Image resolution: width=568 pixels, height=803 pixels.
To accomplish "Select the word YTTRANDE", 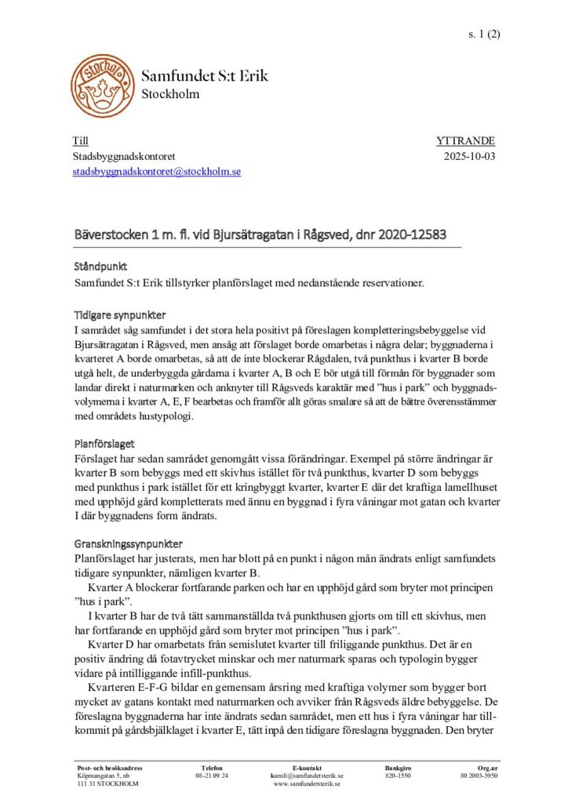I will coord(465,141).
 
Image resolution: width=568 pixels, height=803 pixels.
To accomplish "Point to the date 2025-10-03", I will coord(469,156).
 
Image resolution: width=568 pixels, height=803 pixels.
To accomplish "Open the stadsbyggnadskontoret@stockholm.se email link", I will coord(157,171).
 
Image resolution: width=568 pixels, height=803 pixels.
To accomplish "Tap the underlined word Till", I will coord(80,141).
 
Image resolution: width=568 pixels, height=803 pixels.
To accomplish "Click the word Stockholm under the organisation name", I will coord(170,95).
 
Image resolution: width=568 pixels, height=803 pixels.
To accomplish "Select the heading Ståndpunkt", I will coord(100,267).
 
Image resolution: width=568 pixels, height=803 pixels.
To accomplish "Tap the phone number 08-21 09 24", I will coord(212,776).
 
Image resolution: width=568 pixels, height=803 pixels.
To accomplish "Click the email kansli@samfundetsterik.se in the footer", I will coord(306,776).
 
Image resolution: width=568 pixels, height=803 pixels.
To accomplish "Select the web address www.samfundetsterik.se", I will coord(306,784).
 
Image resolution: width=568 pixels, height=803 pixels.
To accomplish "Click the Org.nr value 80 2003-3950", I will coord(479,776).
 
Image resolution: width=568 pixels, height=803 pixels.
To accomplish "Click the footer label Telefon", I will coord(212,767).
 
